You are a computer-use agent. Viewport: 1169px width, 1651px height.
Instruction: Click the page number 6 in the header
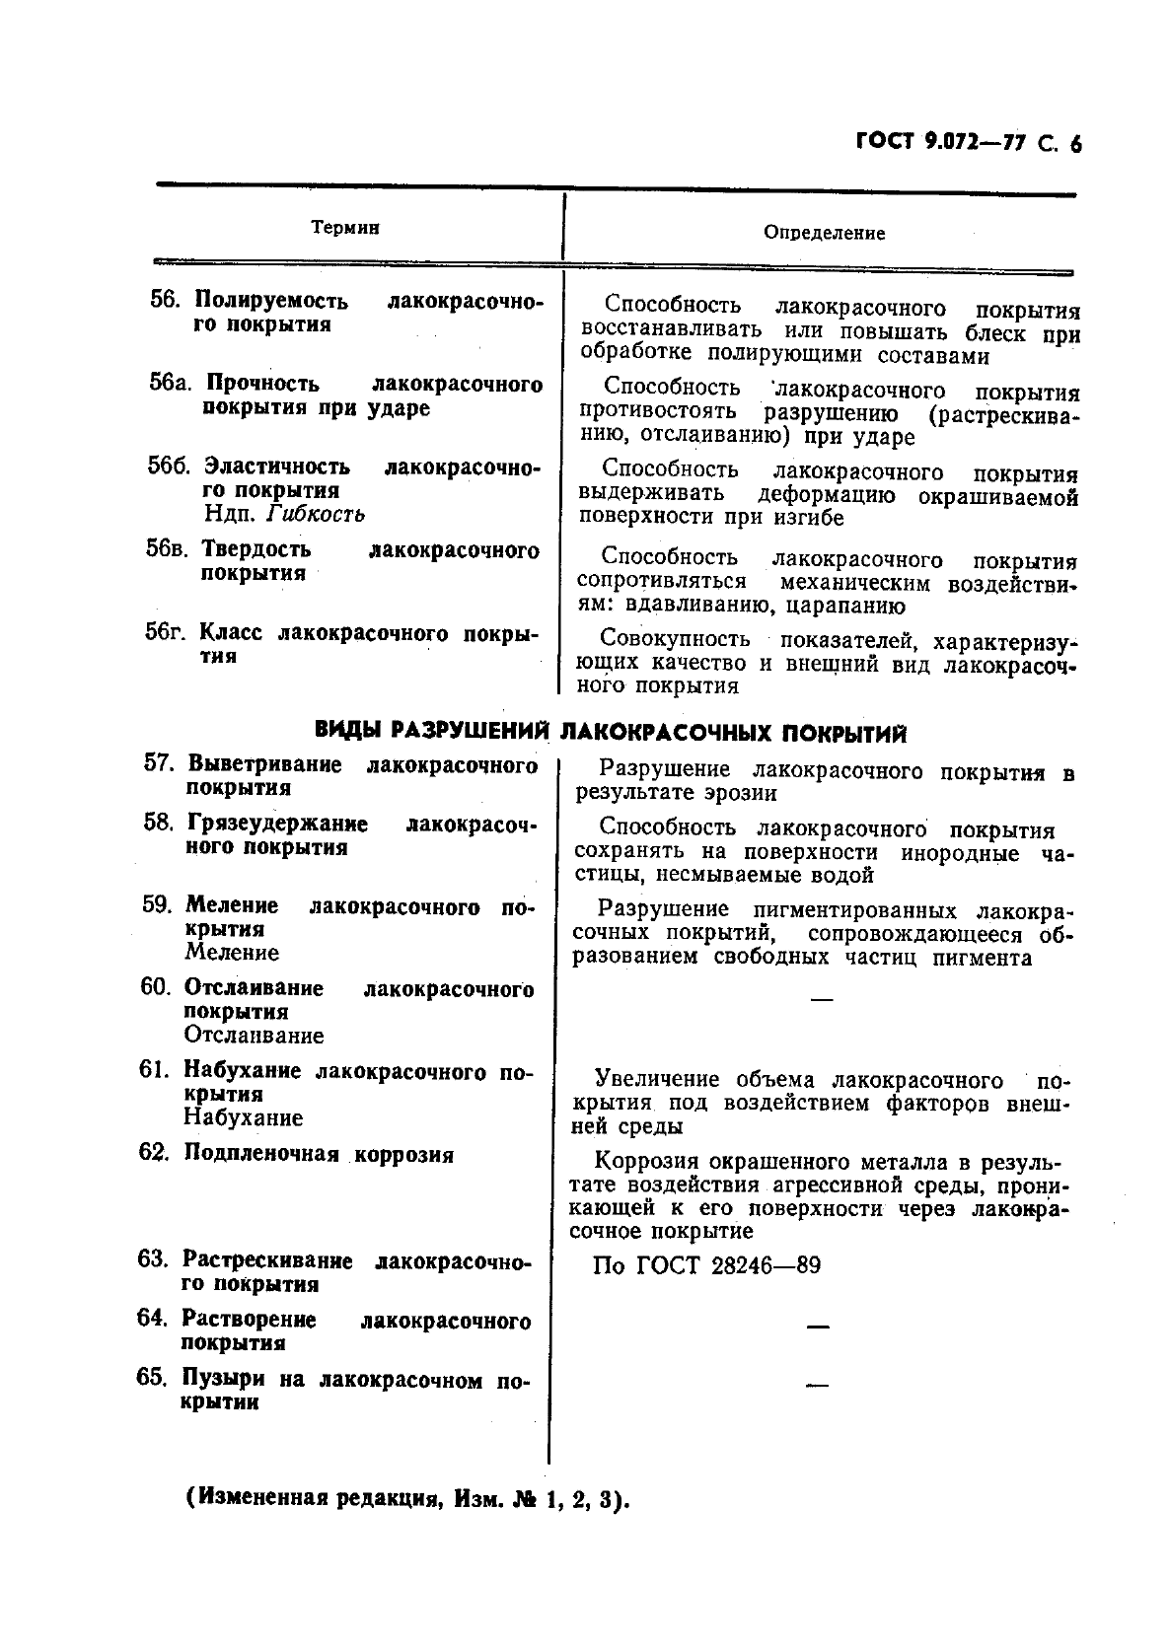click(x=1074, y=144)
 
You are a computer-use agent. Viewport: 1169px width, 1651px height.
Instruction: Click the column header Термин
click(x=345, y=228)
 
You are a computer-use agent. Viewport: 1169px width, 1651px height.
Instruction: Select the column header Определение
click(x=824, y=234)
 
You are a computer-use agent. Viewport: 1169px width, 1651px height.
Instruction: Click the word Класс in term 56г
click(x=232, y=632)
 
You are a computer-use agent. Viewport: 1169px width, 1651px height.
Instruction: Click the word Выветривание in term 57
click(x=264, y=764)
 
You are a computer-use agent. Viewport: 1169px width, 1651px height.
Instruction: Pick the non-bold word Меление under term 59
click(x=232, y=953)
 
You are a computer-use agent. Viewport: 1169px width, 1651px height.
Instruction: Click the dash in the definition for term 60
click(x=820, y=1000)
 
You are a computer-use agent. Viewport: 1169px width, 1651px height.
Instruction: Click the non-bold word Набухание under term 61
click(x=243, y=1117)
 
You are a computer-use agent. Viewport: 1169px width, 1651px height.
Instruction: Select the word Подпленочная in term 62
click(x=261, y=1154)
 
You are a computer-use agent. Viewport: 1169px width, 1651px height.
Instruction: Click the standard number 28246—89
click(x=765, y=1265)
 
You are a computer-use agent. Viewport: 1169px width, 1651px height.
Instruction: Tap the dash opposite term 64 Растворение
click(x=818, y=1328)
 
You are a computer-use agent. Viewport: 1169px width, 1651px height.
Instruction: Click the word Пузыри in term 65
click(x=222, y=1379)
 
